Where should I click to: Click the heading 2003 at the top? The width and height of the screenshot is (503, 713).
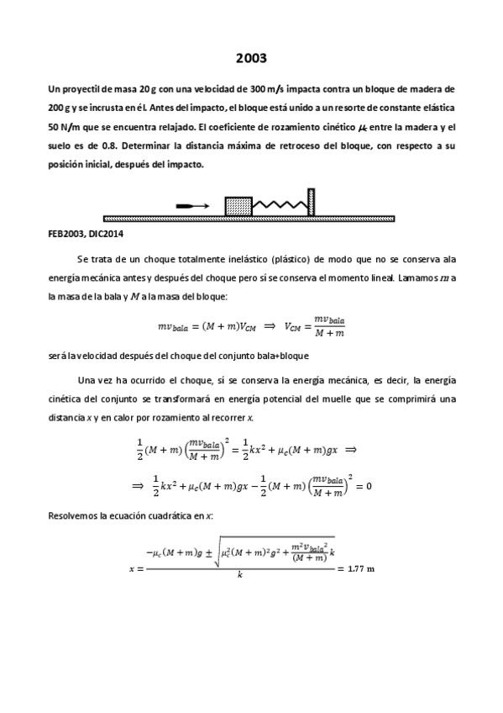[251, 58]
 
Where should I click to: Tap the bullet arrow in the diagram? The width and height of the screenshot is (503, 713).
[192, 205]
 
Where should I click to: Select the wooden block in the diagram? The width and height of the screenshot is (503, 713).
[238, 205]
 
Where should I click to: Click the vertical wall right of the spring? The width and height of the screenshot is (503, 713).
[311, 202]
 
